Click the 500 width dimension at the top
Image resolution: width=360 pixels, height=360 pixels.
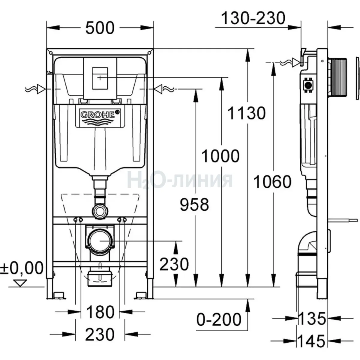(100, 28)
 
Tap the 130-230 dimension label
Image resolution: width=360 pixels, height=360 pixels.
(253, 19)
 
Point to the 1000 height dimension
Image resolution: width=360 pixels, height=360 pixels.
(220, 156)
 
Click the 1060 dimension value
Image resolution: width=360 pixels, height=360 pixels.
(272, 182)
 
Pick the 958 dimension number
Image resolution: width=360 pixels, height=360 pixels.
(194, 205)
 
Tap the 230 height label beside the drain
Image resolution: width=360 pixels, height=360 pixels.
(174, 264)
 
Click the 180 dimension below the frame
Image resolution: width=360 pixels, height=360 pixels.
(100, 312)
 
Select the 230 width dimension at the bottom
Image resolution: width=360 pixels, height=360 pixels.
(100, 334)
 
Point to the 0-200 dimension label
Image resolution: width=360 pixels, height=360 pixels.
(219, 319)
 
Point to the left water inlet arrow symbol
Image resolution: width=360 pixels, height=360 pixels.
(40, 89)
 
